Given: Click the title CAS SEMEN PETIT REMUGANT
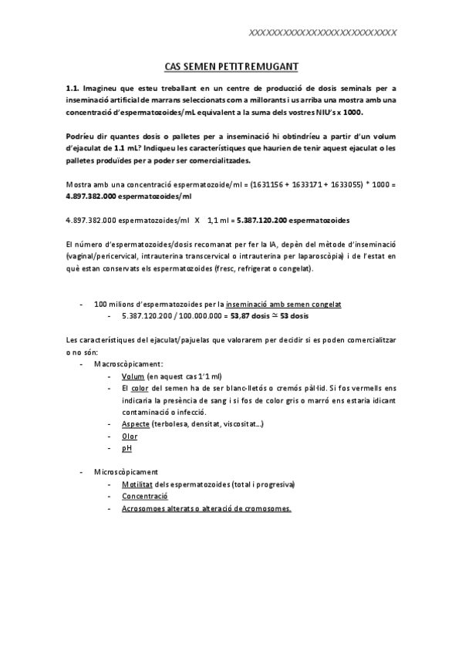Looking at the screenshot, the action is tap(231, 67).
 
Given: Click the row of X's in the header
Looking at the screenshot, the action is tap(324, 32).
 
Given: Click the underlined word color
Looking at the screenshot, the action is tap(140, 388).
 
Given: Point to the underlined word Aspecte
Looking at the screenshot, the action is tap(135, 424).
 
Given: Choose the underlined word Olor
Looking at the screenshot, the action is tap(130, 436).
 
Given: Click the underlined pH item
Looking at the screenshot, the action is tap(126, 447).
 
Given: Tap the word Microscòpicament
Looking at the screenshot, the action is tap(126, 471).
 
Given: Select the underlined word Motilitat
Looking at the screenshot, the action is tap(139, 484).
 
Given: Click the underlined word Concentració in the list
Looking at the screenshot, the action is tap(145, 496).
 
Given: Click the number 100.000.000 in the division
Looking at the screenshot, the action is tap(197, 315).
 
